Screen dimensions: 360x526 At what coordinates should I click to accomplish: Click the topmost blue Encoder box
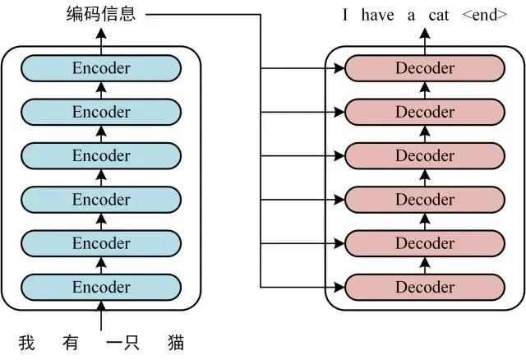coord(101,68)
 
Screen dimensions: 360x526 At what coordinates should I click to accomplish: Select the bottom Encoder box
coord(101,287)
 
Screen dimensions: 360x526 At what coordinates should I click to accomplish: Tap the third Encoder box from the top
coord(101,155)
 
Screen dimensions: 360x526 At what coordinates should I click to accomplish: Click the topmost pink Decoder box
coord(425,68)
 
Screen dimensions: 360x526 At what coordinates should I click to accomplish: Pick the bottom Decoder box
coord(425,287)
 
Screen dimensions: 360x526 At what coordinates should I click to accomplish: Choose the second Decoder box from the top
coord(425,112)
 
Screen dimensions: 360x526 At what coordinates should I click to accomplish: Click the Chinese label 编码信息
coord(101,14)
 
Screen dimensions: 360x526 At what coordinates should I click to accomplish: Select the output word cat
coord(438,14)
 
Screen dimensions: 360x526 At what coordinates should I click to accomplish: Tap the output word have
coord(376,14)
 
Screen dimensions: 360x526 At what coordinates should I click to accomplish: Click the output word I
coord(347,14)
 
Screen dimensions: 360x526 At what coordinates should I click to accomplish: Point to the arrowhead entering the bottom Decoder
coord(339,287)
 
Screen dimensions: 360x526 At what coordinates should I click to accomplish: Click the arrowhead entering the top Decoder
coord(339,68)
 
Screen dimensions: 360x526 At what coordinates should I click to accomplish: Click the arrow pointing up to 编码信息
coord(101,35)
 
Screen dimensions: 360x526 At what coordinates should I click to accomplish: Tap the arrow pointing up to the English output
coord(425,35)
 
